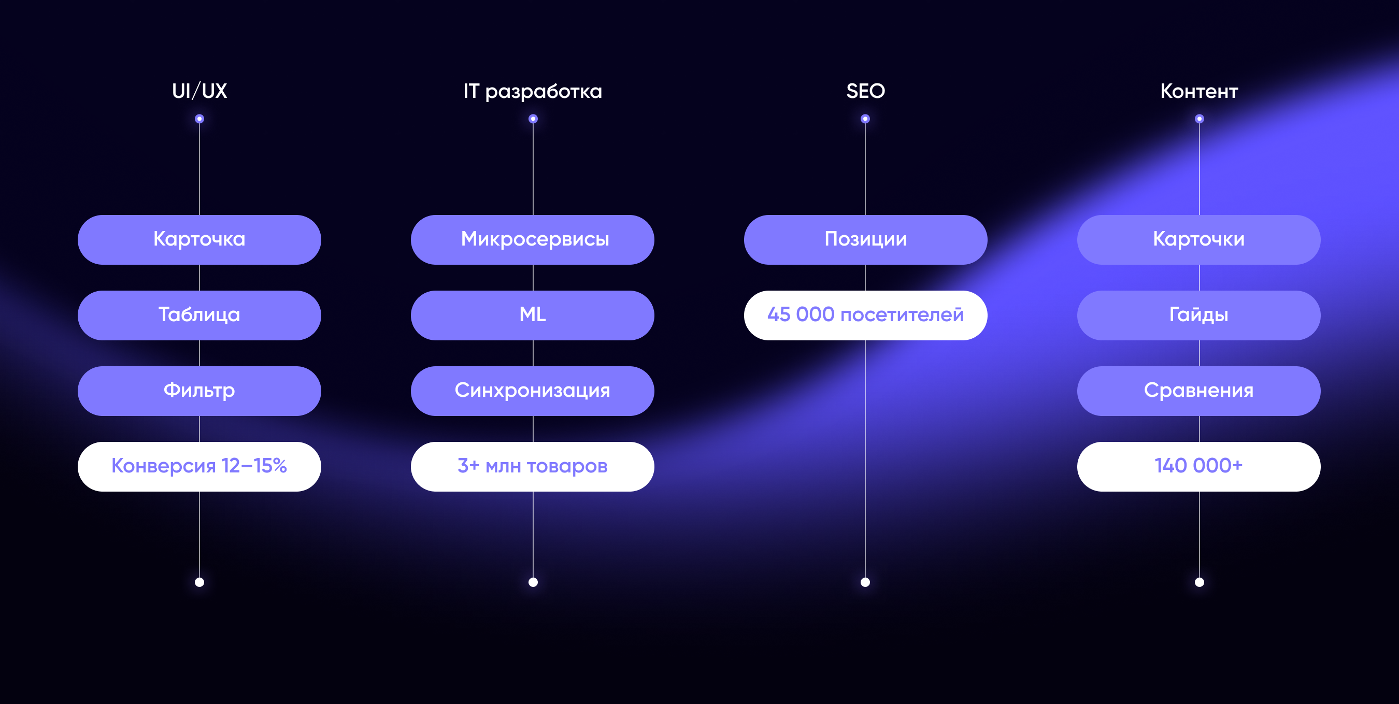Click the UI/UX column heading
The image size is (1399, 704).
(199, 91)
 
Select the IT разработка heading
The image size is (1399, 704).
(533, 91)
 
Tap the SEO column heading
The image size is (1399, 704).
(866, 91)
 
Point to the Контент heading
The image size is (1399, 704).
(1199, 91)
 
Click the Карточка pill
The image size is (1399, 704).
(199, 239)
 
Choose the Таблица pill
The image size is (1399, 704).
(199, 315)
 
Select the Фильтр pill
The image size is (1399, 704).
(199, 391)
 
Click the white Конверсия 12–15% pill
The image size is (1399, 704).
(199, 466)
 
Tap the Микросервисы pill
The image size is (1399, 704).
(533, 239)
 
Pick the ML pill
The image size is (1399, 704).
(533, 315)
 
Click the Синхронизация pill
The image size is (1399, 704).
(533, 391)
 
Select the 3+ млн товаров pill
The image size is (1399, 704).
(533, 466)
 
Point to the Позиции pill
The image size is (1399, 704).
(866, 239)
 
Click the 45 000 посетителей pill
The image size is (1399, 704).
(866, 315)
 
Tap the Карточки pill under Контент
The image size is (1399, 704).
(1199, 239)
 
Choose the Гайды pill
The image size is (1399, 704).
(1199, 315)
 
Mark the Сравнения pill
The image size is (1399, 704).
(1199, 391)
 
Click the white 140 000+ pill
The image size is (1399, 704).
(1199, 466)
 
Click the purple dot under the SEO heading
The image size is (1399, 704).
(866, 119)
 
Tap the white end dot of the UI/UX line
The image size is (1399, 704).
(199, 582)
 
